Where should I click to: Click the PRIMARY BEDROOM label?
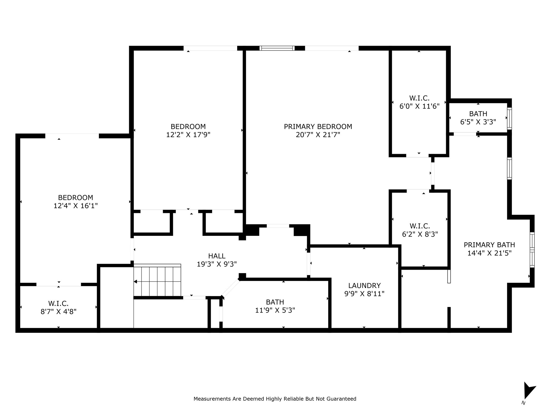pyautogui.click(x=318, y=126)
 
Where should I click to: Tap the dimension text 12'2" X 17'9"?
pyautogui.click(x=188, y=135)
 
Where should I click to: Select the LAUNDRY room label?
pyautogui.click(x=364, y=286)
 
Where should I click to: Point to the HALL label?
pyautogui.click(x=217, y=256)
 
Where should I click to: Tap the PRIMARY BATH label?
pyautogui.click(x=489, y=245)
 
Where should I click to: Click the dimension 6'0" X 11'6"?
pyautogui.click(x=419, y=106)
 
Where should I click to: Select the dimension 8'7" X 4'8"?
pyautogui.click(x=59, y=312)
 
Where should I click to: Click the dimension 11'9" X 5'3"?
pyautogui.click(x=275, y=310)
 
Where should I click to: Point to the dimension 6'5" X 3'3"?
pyautogui.click(x=478, y=122)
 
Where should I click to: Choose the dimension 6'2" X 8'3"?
pyautogui.click(x=420, y=234)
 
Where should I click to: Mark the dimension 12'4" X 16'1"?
pyautogui.click(x=75, y=206)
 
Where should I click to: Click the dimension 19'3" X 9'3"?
pyautogui.click(x=217, y=264)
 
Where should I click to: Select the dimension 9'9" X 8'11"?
pyautogui.click(x=364, y=294)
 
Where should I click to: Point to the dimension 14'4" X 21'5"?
pyautogui.click(x=489, y=253)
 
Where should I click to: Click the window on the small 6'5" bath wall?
pyautogui.click(x=509, y=119)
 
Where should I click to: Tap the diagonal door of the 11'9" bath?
pyautogui.click(x=230, y=288)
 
